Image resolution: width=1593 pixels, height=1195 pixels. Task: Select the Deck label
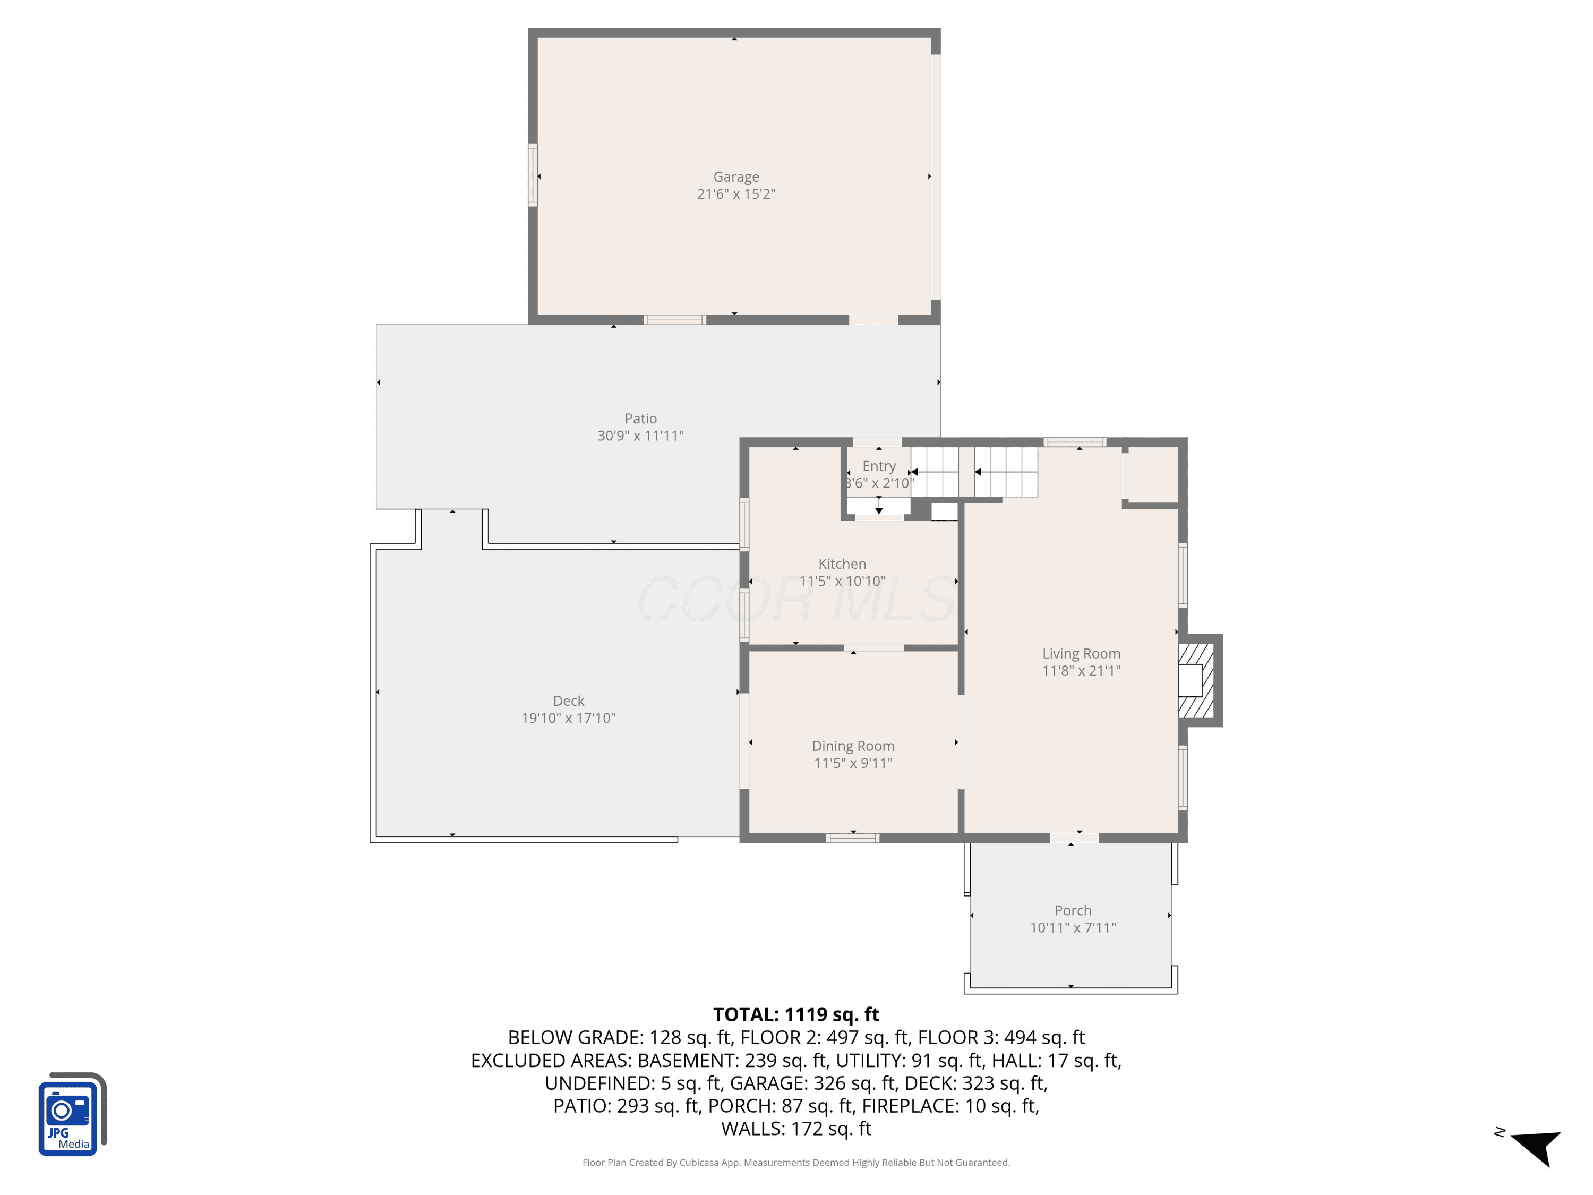click(x=568, y=701)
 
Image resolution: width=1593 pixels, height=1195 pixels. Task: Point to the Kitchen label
click(x=842, y=564)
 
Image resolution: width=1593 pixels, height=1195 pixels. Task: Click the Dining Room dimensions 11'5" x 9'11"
click(x=853, y=763)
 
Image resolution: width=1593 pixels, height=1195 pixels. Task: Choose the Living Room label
click(x=1081, y=653)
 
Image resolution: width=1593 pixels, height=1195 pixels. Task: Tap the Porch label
click(x=1072, y=910)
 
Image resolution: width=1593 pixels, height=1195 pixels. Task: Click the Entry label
click(x=879, y=466)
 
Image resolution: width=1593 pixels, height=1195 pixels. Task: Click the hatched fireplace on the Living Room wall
click(x=1199, y=680)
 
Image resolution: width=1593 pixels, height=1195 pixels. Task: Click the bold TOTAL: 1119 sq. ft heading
click(x=796, y=1014)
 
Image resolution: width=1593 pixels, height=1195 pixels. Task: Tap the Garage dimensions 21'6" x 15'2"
click(x=736, y=194)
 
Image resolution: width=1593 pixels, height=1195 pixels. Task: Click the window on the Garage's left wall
click(x=533, y=175)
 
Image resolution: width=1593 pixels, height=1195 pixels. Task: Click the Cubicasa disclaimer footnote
click(x=796, y=1162)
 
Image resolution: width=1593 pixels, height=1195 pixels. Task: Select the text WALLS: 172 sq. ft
click(x=796, y=1129)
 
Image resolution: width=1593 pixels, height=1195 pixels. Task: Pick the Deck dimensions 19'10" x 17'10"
click(x=568, y=718)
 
